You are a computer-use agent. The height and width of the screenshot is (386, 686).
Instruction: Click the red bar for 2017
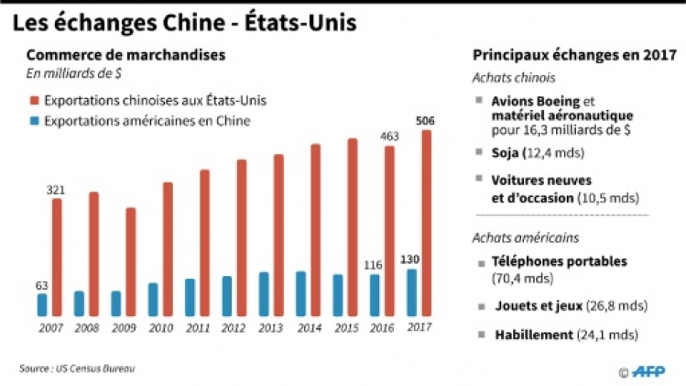pos(426,224)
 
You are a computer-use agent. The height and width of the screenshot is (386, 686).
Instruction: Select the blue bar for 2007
pos(42,304)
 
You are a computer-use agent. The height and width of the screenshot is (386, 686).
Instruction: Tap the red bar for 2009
pos(130,262)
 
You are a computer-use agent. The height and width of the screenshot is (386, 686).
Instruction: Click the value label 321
pos(57,189)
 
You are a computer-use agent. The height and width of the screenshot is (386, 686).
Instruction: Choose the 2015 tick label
pos(345,327)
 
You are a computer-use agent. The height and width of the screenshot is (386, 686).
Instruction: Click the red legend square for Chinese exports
pos(33,100)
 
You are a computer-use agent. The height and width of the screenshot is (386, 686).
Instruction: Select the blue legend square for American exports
pos(33,120)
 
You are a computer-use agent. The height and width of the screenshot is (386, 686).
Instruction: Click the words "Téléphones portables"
pos(559,261)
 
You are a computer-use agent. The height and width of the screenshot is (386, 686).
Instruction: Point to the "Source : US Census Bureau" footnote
pos(77,369)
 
